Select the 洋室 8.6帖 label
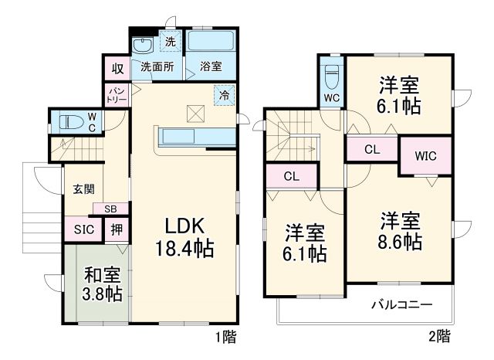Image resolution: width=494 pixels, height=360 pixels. pyautogui.click(x=400, y=231)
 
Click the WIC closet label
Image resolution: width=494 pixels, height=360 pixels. pyautogui.click(x=425, y=155)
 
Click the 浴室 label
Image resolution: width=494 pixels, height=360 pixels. pyautogui.click(x=210, y=66)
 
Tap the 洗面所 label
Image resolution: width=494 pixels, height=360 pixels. pyautogui.click(x=157, y=66)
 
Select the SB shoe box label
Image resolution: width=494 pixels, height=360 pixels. pyautogui.click(x=111, y=209)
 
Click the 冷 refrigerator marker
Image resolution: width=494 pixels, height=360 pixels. pyautogui.click(x=224, y=96)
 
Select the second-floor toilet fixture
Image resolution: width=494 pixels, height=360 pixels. pyautogui.click(x=332, y=76)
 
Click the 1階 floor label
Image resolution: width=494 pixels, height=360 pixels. pyautogui.click(x=226, y=336)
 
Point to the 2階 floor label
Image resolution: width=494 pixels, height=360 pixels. pyautogui.click(x=439, y=336)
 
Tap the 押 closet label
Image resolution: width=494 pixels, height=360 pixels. pyautogui.click(x=115, y=229)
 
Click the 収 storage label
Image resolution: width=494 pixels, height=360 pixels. pyautogui.click(x=116, y=68)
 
